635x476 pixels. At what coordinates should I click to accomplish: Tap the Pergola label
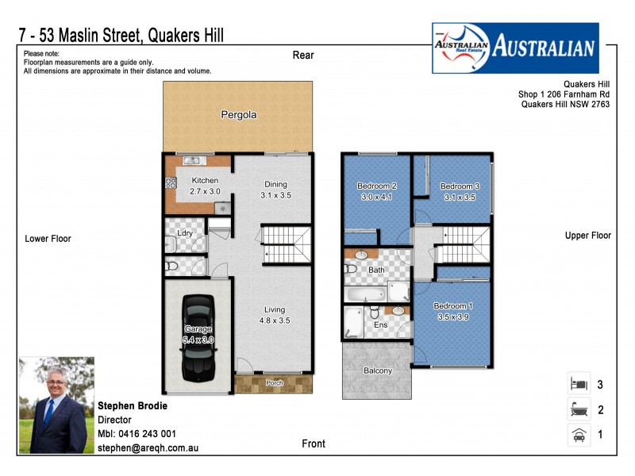click(238, 115)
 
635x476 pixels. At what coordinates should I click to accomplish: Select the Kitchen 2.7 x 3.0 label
click(204, 186)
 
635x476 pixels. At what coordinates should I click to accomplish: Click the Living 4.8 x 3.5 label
click(275, 316)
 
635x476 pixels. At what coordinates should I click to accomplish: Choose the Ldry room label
click(185, 233)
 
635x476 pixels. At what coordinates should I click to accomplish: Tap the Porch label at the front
click(274, 383)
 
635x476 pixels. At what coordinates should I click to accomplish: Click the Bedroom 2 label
click(377, 191)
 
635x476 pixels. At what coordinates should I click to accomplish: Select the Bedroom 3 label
click(460, 192)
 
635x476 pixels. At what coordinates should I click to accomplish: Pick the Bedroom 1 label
click(454, 310)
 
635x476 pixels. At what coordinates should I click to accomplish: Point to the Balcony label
click(378, 370)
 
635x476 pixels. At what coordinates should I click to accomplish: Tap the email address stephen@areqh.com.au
click(147, 448)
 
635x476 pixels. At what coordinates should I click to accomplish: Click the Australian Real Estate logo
click(514, 48)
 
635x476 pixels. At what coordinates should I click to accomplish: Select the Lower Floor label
click(48, 238)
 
